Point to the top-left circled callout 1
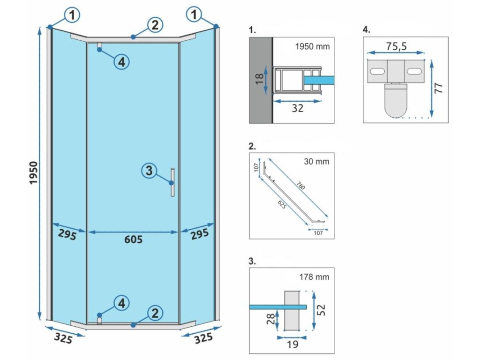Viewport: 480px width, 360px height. [72, 15]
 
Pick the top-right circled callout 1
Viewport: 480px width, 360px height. [194, 15]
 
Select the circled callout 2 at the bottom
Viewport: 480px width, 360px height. [155, 313]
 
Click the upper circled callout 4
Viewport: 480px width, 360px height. [121, 61]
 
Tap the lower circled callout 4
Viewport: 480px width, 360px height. [121, 303]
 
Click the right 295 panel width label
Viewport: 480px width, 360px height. [199, 235]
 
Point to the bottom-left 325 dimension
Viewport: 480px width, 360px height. [63, 338]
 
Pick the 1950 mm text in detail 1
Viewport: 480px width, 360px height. [313, 46]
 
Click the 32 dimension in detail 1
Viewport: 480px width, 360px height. [297, 108]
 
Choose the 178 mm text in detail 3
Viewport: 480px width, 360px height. [315, 277]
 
